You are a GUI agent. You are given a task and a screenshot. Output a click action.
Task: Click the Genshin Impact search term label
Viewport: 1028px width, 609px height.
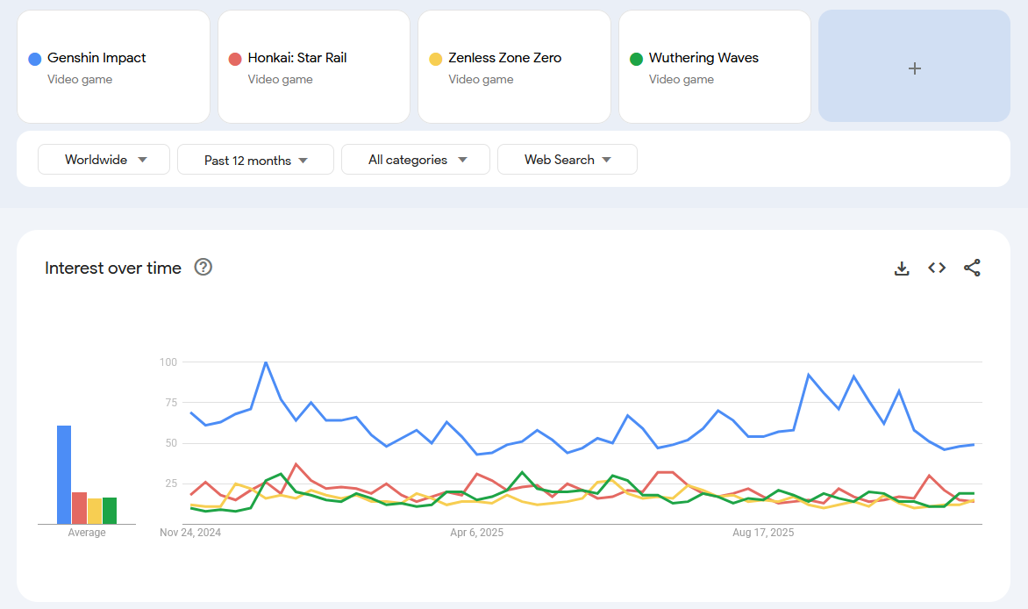click(x=96, y=58)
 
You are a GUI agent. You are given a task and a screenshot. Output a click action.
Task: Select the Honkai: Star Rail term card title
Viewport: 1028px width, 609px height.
click(x=297, y=58)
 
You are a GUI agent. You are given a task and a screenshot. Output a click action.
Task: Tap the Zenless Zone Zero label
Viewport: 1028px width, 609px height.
click(x=504, y=58)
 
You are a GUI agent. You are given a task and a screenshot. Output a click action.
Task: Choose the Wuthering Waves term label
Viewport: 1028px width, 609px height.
click(x=703, y=58)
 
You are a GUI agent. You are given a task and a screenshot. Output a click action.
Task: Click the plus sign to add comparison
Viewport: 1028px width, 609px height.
click(x=914, y=68)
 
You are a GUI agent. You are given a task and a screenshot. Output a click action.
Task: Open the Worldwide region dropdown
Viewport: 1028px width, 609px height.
click(x=104, y=160)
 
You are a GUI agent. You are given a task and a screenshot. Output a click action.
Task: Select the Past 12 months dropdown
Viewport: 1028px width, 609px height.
click(x=255, y=160)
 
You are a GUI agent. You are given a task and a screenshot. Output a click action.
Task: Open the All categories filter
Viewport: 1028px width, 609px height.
click(x=416, y=160)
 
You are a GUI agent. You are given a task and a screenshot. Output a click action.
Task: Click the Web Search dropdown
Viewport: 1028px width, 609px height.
click(x=567, y=160)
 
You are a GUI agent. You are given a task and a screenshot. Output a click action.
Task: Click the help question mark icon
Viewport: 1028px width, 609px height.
click(x=203, y=268)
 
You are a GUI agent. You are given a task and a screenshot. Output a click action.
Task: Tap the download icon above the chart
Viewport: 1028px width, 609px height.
click(x=902, y=269)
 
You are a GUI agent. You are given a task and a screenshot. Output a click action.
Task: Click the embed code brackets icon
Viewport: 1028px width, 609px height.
click(x=937, y=269)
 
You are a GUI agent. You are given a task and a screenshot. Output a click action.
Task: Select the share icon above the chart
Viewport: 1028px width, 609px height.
click(x=972, y=269)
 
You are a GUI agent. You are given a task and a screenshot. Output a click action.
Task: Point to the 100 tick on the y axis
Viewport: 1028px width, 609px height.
click(x=168, y=362)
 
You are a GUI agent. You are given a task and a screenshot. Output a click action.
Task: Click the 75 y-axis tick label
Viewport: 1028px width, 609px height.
click(x=170, y=403)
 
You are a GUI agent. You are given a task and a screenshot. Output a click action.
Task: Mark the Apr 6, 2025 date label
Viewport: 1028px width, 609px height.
click(x=476, y=533)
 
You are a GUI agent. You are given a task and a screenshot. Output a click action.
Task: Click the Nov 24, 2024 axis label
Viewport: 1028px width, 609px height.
click(x=190, y=533)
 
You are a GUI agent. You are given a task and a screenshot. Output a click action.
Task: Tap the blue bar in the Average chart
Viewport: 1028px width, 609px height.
click(x=64, y=475)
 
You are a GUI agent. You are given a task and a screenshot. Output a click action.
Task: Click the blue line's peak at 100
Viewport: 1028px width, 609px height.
click(x=266, y=362)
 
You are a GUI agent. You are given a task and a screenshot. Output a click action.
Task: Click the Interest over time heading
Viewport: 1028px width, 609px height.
click(x=113, y=269)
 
